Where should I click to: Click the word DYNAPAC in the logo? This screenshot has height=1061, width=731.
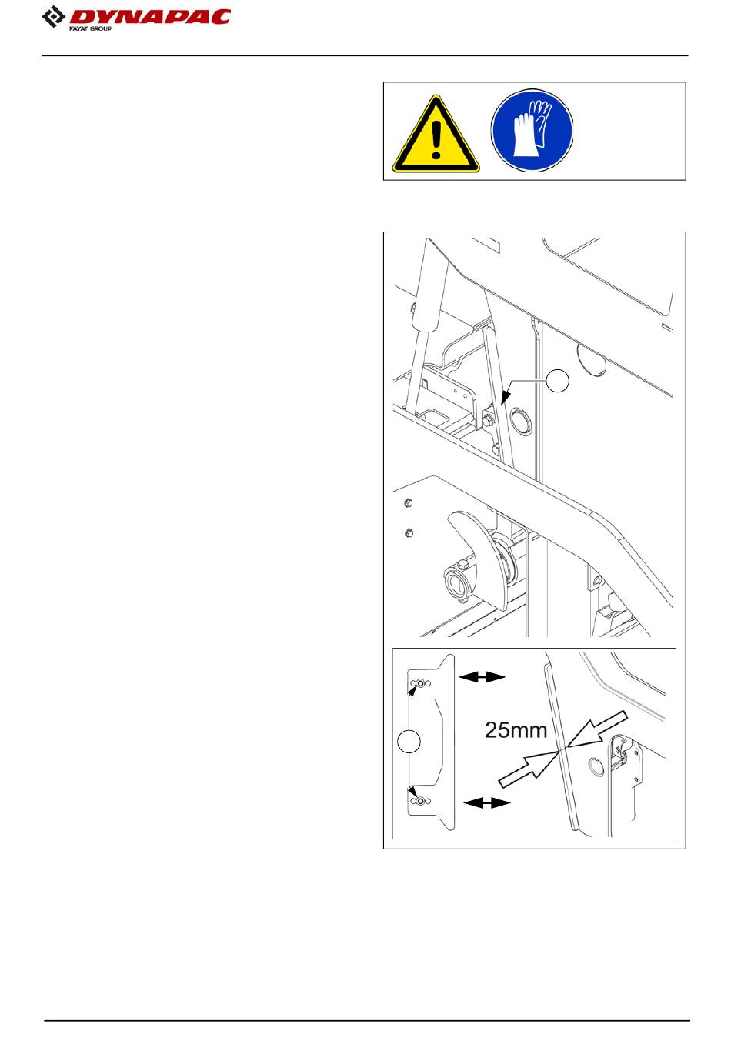click(x=150, y=17)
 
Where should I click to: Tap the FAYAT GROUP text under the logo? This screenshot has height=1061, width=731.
click(x=91, y=29)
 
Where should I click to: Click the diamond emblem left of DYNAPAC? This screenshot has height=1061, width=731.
click(x=54, y=17)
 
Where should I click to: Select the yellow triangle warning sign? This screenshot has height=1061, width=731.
click(x=436, y=134)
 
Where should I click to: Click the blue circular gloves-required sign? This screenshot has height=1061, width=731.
click(x=532, y=130)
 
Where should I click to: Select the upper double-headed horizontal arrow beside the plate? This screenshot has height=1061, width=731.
click(x=482, y=677)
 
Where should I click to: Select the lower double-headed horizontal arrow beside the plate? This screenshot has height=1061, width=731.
click(x=486, y=802)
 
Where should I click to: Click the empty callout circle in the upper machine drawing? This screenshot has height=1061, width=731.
click(x=558, y=380)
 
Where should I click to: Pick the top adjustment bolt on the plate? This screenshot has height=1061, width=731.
click(x=420, y=683)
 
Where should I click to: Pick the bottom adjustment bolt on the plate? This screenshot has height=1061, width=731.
click(x=420, y=802)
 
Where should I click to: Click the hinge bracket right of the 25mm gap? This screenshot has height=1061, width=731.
click(x=621, y=752)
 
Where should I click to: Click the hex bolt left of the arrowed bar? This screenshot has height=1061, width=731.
click(x=487, y=419)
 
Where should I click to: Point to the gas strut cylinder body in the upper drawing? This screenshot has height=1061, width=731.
click(x=430, y=284)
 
